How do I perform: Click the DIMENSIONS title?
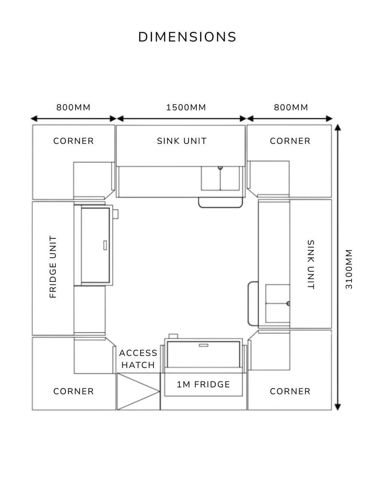[187, 37]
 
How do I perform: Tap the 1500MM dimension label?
[186, 107]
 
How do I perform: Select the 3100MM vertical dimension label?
[349, 269]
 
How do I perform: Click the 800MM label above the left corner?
[73, 107]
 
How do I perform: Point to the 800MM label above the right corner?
[291, 107]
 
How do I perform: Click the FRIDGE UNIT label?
[53, 267]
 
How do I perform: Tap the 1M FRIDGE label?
[203, 384]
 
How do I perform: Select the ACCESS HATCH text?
[138, 359]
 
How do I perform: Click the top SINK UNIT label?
[182, 141]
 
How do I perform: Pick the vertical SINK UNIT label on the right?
[311, 265]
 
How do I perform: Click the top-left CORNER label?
[74, 141]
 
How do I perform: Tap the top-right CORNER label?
[290, 141]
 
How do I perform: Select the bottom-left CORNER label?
[74, 392]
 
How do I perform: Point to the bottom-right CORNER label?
[290, 392]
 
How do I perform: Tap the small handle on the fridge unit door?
[105, 245]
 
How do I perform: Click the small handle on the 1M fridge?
[203, 345]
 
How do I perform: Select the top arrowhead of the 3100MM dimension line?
[338, 127]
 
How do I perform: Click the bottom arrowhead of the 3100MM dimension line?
[338, 407]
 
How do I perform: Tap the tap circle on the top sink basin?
[220, 168]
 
